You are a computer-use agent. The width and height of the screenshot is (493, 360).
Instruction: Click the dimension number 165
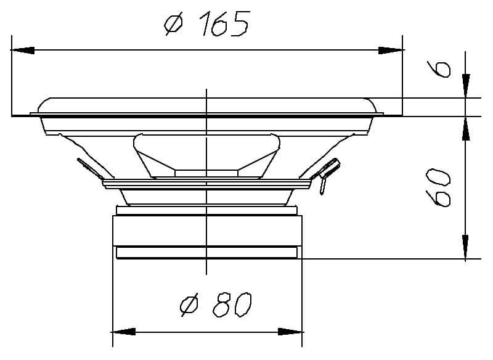pyautogui.click(x=224, y=23)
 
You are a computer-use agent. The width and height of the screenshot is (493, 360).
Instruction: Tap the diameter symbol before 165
pyautogui.click(x=173, y=23)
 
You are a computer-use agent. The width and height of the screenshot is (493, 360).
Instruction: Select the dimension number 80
pyautogui.click(x=232, y=305)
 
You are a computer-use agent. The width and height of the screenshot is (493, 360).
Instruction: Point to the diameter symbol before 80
pyautogui.click(x=189, y=305)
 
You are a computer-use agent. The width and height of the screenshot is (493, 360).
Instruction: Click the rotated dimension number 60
pyautogui.click(x=438, y=187)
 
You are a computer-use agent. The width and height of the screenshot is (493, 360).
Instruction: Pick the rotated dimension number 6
pyautogui.click(x=439, y=69)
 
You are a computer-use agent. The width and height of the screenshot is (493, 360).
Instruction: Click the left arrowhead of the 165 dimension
pyautogui.click(x=23, y=50)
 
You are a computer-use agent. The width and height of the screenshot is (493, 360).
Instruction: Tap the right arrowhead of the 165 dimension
pyautogui.click(x=390, y=50)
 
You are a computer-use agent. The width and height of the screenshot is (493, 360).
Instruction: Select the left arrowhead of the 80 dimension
pyautogui.click(x=124, y=332)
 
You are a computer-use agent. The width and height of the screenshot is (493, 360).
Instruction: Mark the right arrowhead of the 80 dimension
pyautogui.click(x=290, y=332)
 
